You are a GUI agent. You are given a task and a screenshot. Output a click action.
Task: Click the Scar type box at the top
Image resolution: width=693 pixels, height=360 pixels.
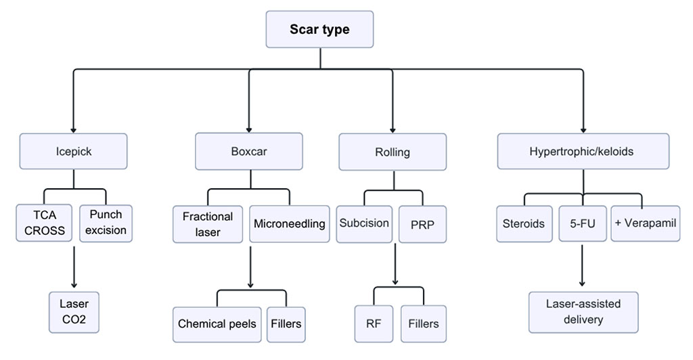click(x=320, y=30)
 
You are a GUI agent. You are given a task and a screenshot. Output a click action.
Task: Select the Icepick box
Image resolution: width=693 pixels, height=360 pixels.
click(x=73, y=152)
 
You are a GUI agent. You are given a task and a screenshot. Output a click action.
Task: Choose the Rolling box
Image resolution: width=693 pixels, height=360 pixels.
click(x=392, y=152)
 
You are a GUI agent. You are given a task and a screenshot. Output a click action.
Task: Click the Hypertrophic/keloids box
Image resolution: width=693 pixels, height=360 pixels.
click(x=582, y=152)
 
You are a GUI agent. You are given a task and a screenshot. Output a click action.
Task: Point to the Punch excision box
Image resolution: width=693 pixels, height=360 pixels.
click(x=106, y=223)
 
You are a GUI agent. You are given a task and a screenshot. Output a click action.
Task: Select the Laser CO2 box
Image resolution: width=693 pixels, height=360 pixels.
click(x=74, y=311)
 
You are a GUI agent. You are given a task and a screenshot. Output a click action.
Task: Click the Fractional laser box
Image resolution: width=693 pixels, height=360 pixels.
click(x=208, y=224)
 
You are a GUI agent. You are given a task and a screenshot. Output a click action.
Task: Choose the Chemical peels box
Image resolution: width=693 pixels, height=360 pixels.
click(x=217, y=323)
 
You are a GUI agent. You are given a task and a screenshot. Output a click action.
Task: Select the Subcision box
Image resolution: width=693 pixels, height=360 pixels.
click(x=364, y=223)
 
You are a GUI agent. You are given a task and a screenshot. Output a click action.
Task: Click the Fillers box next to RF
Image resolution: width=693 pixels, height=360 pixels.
click(x=423, y=323)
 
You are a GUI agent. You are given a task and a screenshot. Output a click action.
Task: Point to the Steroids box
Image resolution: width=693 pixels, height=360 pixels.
click(x=524, y=223)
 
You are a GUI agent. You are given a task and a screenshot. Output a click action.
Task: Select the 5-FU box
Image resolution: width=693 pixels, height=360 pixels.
click(x=582, y=223)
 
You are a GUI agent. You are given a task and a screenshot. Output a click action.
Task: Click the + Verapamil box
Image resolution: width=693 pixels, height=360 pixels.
click(x=644, y=223)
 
